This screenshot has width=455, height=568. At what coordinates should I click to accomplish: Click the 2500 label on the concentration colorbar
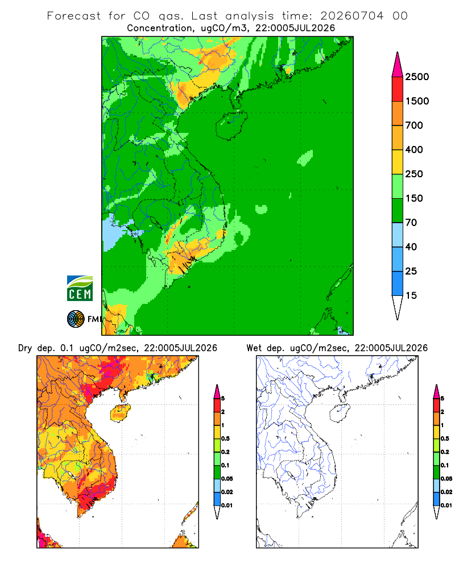417,77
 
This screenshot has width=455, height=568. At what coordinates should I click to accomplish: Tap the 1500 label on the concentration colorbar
417,101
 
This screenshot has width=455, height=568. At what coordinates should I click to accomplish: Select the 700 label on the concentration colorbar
414,126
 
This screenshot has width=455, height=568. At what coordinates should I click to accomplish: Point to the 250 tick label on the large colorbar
414,174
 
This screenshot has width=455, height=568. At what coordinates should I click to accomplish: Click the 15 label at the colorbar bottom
411,295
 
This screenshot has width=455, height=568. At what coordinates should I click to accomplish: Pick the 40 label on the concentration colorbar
411,247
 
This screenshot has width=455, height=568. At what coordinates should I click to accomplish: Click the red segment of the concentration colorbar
398,89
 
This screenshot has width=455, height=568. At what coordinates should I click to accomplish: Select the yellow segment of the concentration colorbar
398,162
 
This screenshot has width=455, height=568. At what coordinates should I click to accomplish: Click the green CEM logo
80,289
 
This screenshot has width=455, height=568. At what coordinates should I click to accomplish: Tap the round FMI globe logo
76,319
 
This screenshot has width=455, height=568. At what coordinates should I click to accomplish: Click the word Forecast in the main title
74,16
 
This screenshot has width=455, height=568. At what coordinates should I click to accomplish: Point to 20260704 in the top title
351,16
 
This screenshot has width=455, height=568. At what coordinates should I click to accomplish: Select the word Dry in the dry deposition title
25,348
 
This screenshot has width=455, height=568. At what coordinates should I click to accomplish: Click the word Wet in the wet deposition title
254,348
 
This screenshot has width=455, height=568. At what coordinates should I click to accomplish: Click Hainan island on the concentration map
231,126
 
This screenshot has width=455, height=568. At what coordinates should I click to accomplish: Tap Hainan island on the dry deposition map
120,412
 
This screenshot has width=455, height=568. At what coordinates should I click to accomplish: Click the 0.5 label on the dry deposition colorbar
225,438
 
